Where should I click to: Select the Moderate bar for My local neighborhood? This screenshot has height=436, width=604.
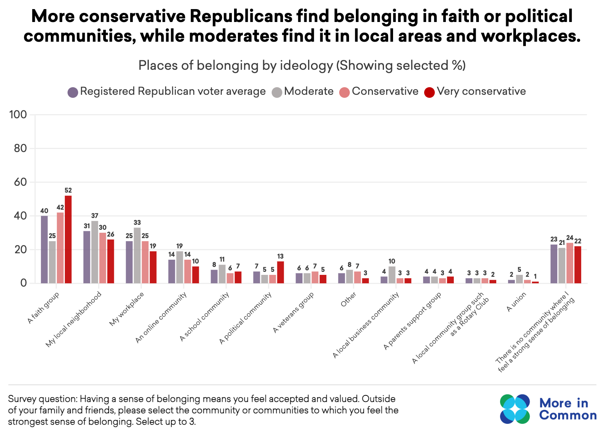pyautogui.click(x=94, y=252)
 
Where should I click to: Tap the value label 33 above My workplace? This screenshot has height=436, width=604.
pyautogui.click(x=137, y=223)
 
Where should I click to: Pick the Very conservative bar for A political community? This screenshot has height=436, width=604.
pyautogui.click(x=280, y=272)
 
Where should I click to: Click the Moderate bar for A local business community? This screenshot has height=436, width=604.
pyautogui.click(x=392, y=275)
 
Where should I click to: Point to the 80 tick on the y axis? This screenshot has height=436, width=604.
pyautogui.click(x=21, y=148)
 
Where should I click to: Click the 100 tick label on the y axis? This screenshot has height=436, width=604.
pyautogui.click(x=18, y=114)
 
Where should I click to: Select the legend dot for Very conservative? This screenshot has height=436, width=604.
pyautogui.click(x=429, y=92)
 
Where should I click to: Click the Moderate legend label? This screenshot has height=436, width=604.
pyautogui.click(x=308, y=91)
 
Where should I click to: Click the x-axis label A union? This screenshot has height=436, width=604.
pyautogui.click(x=516, y=302)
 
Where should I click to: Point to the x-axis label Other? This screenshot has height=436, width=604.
pyautogui.click(x=348, y=300)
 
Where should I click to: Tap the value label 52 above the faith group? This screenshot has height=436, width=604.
pyautogui.click(x=68, y=190)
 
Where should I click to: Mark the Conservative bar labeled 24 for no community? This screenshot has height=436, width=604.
pyautogui.click(x=569, y=263)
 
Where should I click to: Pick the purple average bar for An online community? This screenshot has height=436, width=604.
pyautogui.click(x=171, y=271)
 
